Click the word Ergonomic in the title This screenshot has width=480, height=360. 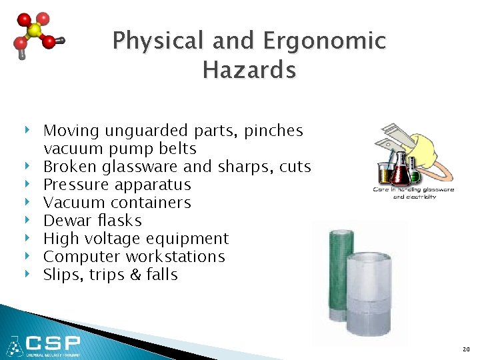click(x=325, y=41)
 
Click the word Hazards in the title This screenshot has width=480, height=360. click(x=249, y=69)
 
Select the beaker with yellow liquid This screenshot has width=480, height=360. click(x=385, y=175)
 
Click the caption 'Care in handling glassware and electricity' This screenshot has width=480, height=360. click(x=413, y=193)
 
